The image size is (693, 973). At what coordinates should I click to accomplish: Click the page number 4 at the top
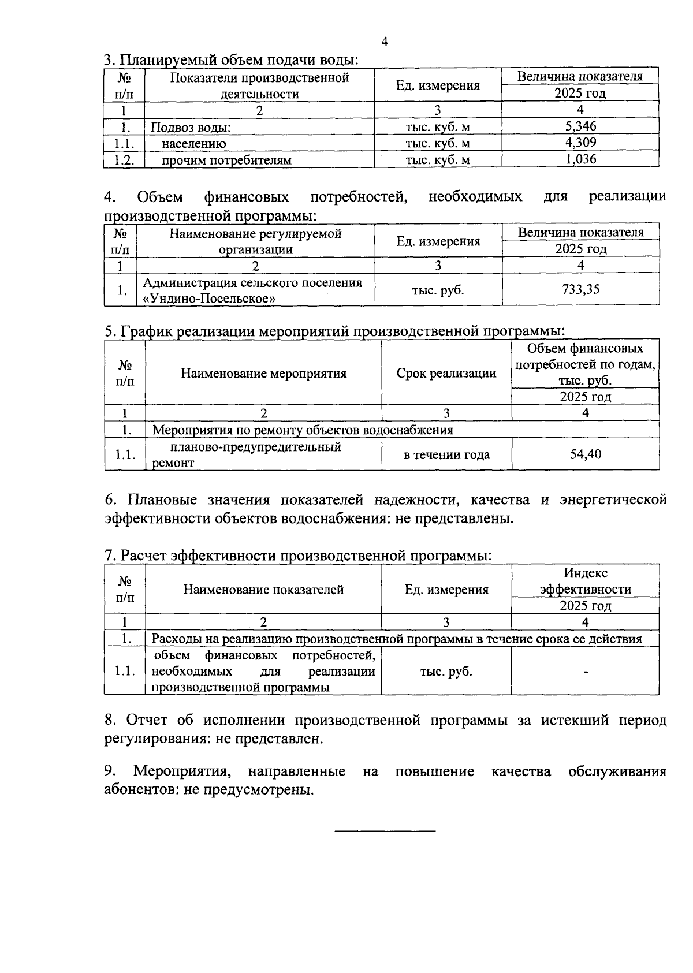coord(385,42)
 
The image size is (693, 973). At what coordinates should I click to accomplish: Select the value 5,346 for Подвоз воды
coord(580,126)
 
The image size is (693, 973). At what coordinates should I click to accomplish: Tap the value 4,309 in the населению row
coord(580,143)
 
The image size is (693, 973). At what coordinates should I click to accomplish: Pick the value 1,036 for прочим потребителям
coord(580,159)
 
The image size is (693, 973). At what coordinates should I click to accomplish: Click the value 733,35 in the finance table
coord(580,289)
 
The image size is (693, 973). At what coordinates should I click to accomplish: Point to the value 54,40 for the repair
coord(585,454)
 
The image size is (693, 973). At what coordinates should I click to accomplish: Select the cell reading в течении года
coord(446,455)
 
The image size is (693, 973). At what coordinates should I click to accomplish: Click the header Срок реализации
coord(446,373)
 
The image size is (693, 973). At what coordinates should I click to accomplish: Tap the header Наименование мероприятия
coord(264,373)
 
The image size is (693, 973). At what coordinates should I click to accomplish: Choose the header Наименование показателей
coord(264,589)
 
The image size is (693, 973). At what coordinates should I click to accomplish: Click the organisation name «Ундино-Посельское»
coord(208,299)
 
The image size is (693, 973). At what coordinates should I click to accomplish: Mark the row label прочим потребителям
coord(226,160)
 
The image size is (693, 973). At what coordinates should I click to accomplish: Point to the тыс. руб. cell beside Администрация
coord(438,290)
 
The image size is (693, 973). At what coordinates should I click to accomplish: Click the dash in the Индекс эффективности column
coord(586,672)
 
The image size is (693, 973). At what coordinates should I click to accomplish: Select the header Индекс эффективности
coord(585,581)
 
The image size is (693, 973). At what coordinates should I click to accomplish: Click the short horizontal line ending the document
coord(385,831)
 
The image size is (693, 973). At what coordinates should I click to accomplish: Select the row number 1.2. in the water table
coord(124,160)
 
